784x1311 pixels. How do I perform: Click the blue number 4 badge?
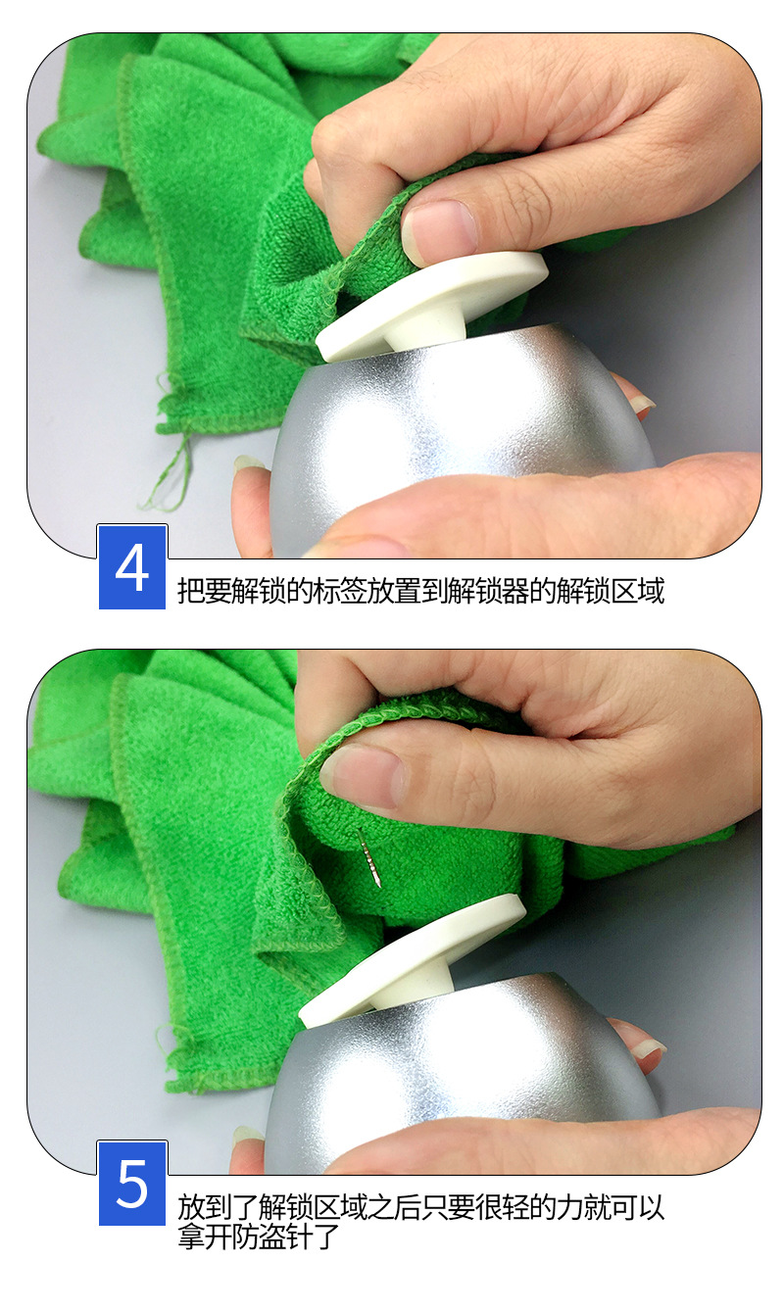(132, 566)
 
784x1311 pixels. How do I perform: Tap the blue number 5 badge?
(132, 1184)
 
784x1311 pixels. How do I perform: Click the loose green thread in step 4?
(170, 468)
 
